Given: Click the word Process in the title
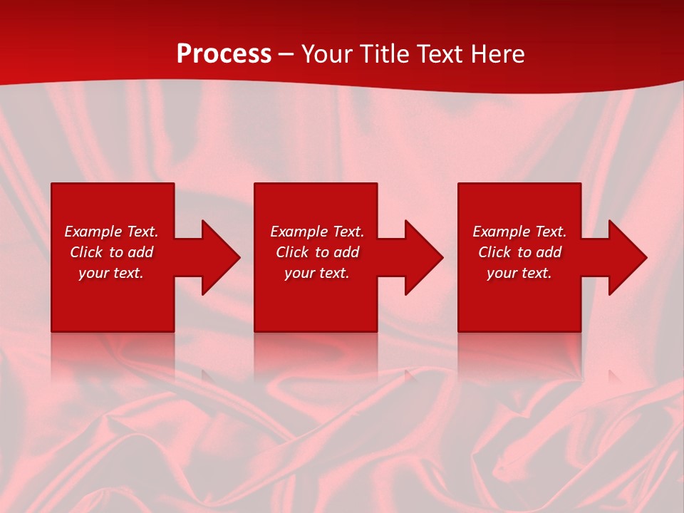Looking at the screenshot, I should pos(224,54).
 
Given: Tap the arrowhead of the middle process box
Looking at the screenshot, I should pos(423,257).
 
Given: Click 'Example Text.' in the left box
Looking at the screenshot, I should pos(111,232).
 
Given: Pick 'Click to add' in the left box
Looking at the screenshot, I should pos(111,252).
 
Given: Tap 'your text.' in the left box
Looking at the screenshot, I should pos(111,273).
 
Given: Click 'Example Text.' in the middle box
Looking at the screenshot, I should pos(317,232).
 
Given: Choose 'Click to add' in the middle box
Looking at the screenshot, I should pos(317,252).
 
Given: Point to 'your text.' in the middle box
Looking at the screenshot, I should pos(317,273).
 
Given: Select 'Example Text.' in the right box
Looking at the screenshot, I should pos(519,232).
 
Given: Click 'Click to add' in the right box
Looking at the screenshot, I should pos(519,252).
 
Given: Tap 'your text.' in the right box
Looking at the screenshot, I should pos(519,273).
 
